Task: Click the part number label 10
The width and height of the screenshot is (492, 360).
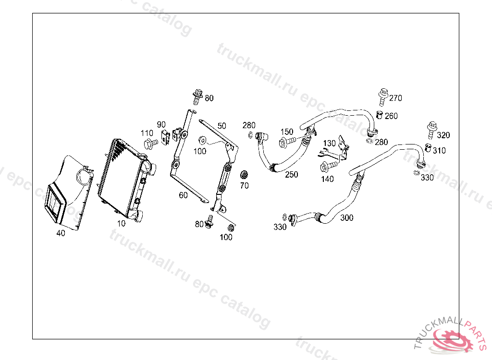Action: (121, 223)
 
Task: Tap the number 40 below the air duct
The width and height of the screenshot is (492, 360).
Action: (61, 233)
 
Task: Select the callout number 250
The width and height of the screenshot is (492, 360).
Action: (291, 175)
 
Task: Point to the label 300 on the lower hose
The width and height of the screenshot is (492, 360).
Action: (346, 218)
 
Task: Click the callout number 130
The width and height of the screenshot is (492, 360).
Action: (329, 143)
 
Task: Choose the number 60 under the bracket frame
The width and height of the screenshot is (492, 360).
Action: (183, 195)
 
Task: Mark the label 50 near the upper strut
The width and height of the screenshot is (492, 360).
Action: (221, 126)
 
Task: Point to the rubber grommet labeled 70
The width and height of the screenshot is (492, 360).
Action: (244, 174)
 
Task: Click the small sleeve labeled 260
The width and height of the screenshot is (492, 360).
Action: (379, 115)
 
